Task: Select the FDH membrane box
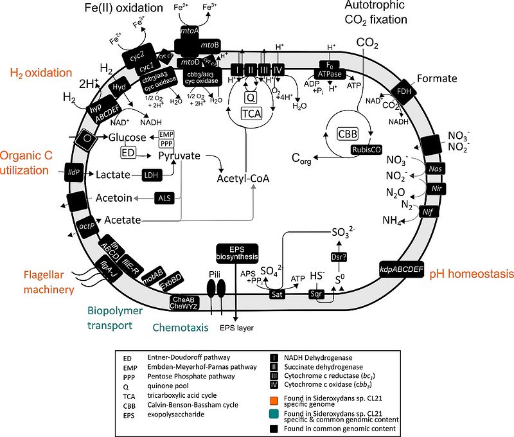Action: point(404,92)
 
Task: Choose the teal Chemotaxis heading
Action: point(181,328)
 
